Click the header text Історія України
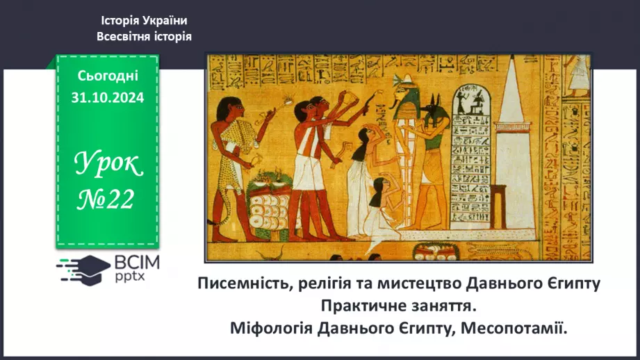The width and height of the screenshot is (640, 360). pos(144,21)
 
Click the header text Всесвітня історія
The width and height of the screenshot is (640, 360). pos(144,36)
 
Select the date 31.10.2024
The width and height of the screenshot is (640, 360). pos(107,98)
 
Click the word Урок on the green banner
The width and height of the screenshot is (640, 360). pos(108,165)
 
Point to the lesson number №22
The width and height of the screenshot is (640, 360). pos(107,199)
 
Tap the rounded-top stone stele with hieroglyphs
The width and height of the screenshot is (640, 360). pos(472,153)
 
